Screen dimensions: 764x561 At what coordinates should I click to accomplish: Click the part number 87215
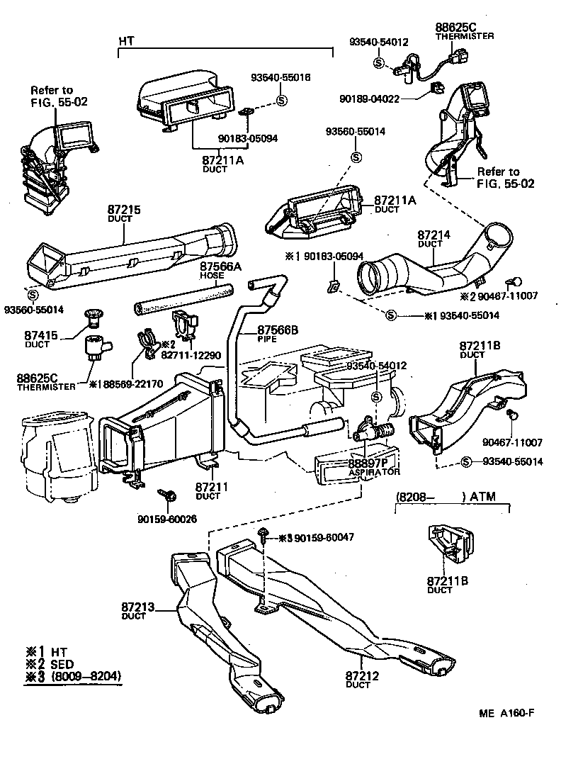tap(125, 210)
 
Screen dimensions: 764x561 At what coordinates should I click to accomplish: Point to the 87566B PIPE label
tap(278, 333)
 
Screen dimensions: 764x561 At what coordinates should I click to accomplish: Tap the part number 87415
tap(42, 335)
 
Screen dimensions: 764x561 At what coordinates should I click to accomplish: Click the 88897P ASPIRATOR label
tap(374, 466)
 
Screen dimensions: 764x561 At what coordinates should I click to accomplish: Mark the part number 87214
tap(429, 234)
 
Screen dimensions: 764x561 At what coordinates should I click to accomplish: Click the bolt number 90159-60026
tap(167, 519)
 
